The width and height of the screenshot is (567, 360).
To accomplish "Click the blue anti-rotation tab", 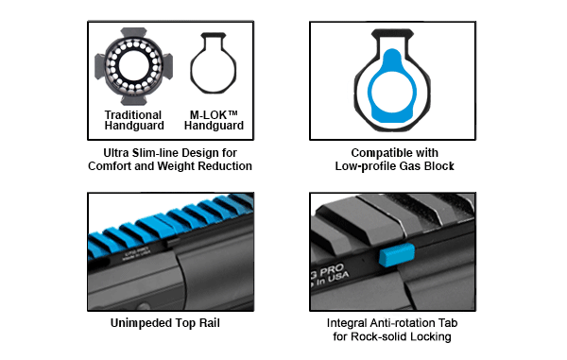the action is click(397, 254).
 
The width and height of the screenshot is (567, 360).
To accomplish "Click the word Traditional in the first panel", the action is click(132, 115).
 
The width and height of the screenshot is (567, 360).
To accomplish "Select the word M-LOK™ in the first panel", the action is click(214, 115).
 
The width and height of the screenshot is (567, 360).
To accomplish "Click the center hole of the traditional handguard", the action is click(134, 66).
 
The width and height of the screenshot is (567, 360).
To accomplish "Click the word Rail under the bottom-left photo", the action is click(209, 323).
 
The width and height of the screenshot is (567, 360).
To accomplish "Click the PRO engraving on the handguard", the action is click(332, 270).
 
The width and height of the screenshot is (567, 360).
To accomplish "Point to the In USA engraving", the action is click(333, 280).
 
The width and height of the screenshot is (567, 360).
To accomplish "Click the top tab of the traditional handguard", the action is click(133, 32).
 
